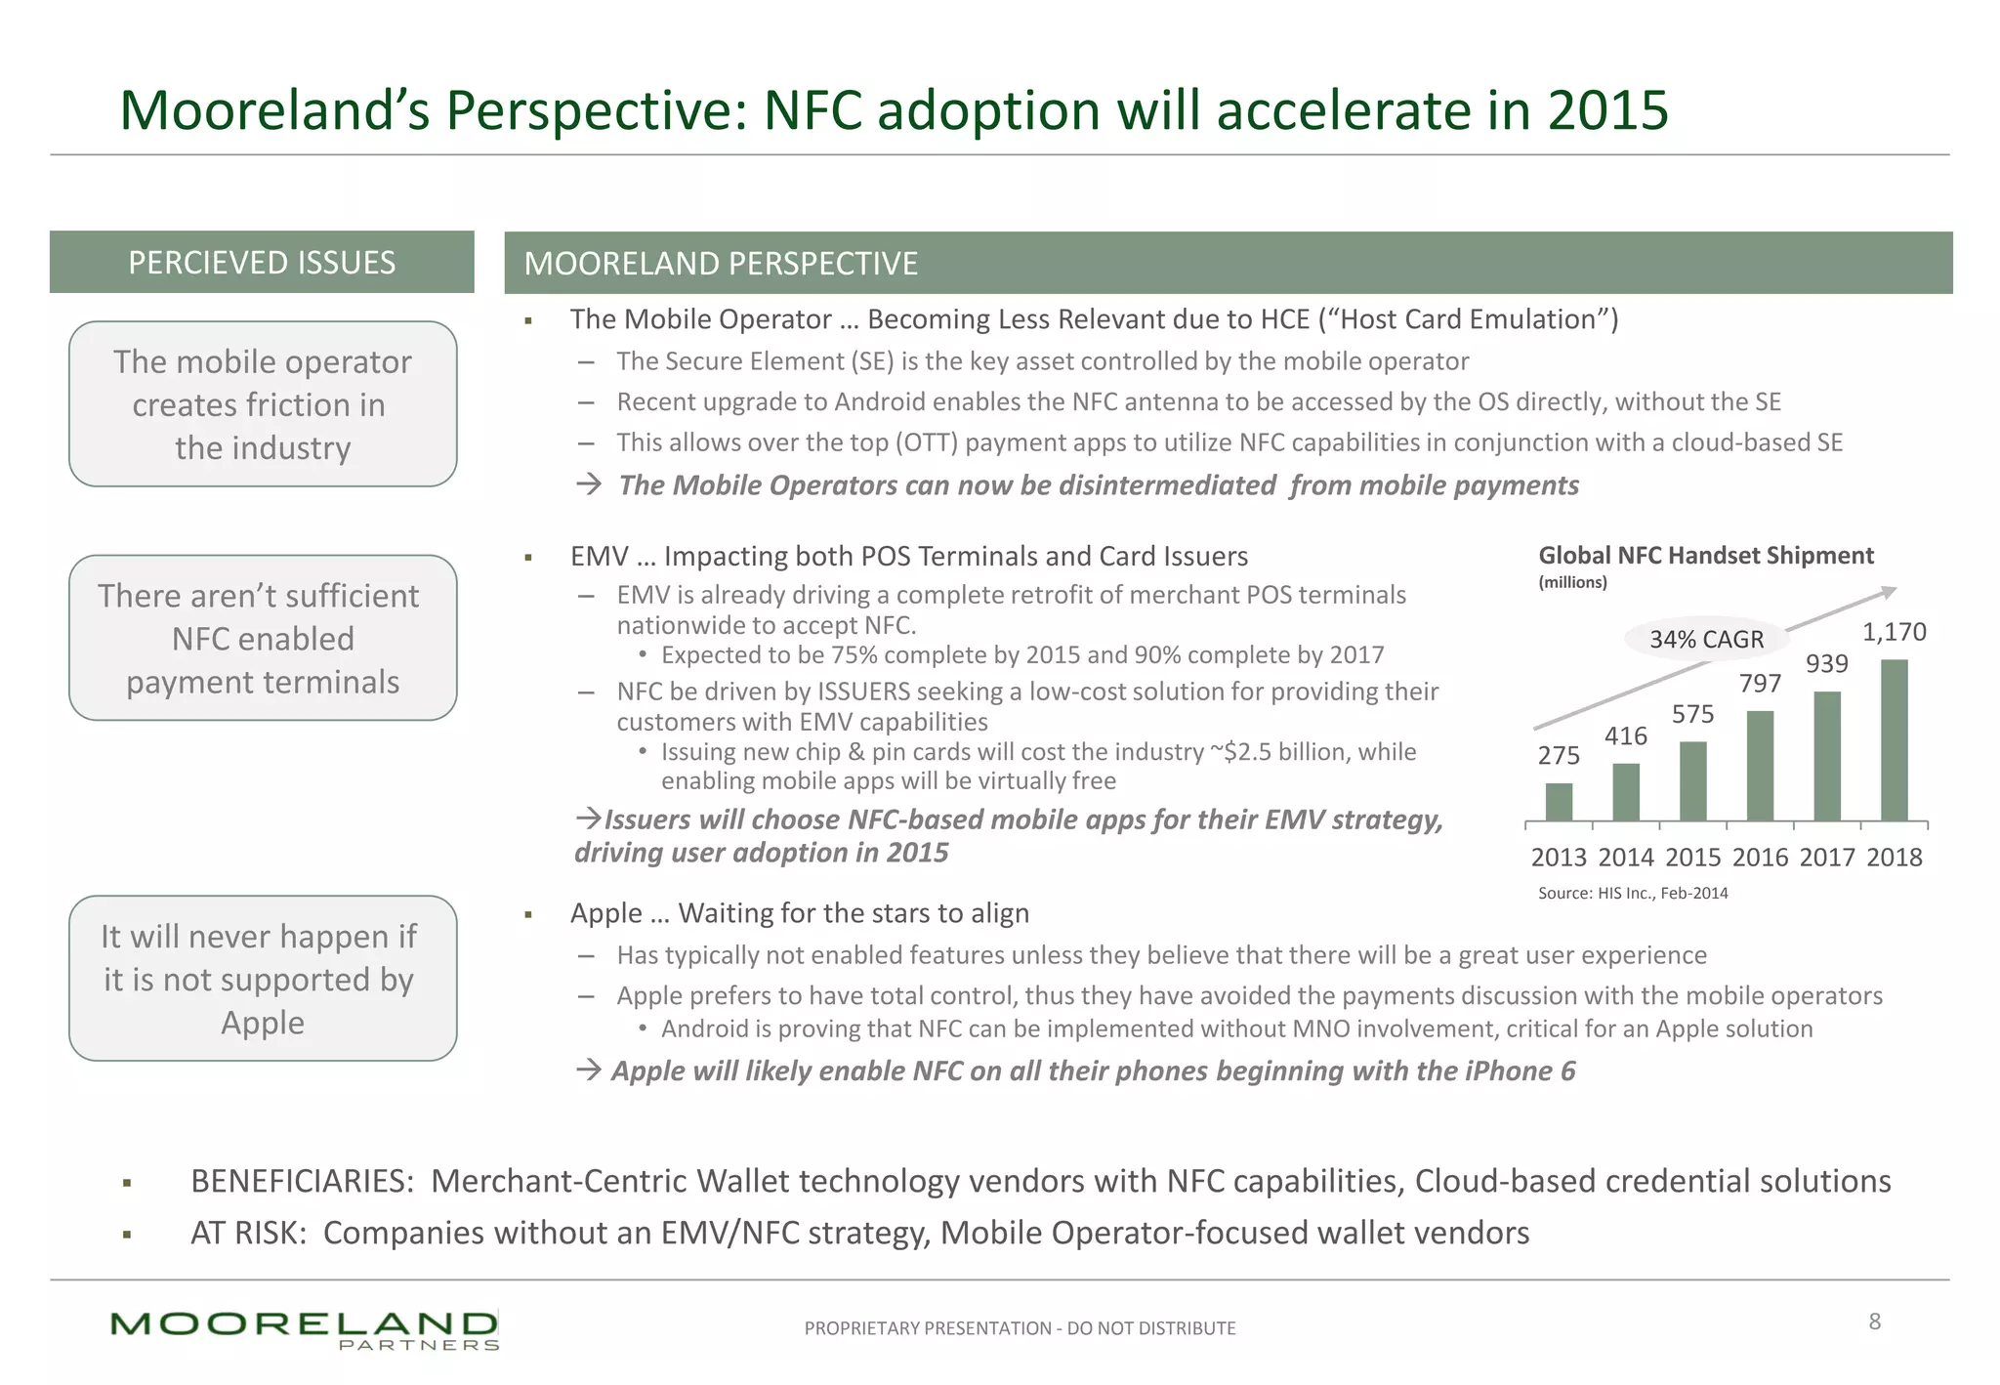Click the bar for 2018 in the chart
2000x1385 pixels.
click(x=1894, y=740)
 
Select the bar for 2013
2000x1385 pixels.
click(x=1559, y=802)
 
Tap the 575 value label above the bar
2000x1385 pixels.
click(x=1692, y=714)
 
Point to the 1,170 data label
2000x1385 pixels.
click(x=1894, y=632)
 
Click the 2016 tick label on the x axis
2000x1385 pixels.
click(x=1760, y=857)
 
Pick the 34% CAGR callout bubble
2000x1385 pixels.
click(x=1706, y=639)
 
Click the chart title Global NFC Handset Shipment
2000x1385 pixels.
click(x=1705, y=556)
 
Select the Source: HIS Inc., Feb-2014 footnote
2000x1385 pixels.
click(x=1632, y=893)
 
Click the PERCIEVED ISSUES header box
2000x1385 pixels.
click(x=262, y=262)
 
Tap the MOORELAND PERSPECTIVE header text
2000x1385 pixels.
click(x=721, y=264)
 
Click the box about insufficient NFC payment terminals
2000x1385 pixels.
click(x=263, y=638)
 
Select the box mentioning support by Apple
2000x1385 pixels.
click(x=263, y=979)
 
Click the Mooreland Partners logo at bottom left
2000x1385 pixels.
click(x=305, y=1329)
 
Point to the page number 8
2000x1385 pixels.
click(x=1874, y=1322)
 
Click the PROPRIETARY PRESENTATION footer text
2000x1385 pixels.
click(x=1020, y=1328)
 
